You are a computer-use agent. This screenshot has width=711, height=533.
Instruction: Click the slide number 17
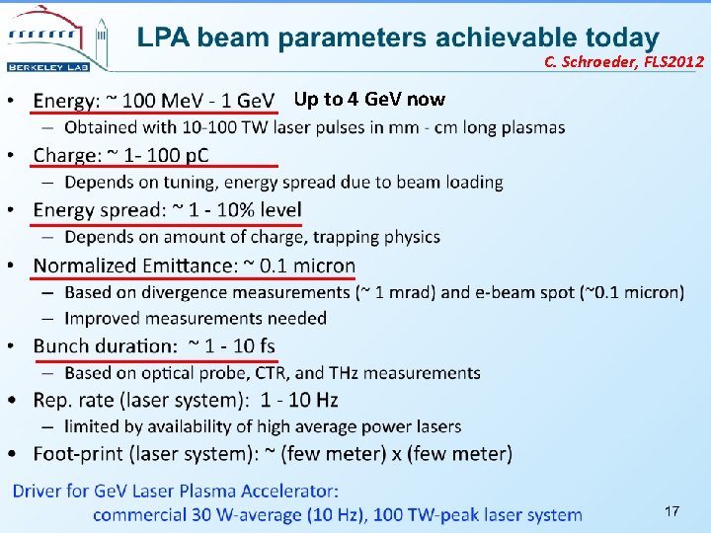pos(671,510)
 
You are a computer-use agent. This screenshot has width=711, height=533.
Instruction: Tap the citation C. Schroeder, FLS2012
pos(623,62)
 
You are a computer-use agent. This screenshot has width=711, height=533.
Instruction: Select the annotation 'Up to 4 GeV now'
pos(369,99)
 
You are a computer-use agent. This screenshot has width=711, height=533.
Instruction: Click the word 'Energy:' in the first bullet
pos(65,101)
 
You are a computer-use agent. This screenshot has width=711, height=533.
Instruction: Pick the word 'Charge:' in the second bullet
pos(67,155)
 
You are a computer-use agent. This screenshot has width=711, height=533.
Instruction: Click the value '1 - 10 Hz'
pos(299,400)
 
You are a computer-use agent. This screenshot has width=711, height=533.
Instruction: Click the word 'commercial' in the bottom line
pos(138,514)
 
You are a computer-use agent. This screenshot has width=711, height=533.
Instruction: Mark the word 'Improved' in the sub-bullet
pos(103,318)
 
